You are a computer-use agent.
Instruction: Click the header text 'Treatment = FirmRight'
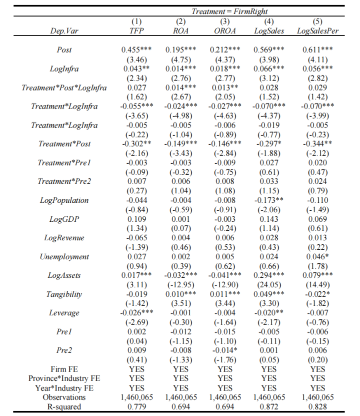(x=229, y=11)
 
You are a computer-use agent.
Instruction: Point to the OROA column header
(x=225, y=31)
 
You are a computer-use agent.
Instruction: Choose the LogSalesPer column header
(x=317, y=31)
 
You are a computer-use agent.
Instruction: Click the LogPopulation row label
(x=64, y=200)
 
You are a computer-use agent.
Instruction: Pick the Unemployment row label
(x=64, y=257)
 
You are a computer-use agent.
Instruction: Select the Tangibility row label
(x=64, y=294)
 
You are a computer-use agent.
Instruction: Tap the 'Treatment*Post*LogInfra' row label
(x=64, y=88)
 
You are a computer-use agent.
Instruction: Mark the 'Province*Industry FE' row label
(x=64, y=378)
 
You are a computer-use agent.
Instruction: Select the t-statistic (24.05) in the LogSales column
(x=268, y=285)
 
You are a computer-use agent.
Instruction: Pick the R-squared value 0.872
(x=268, y=406)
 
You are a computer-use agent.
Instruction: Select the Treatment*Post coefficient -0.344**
(x=318, y=144)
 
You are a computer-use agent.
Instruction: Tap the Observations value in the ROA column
(x=181, y=397)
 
